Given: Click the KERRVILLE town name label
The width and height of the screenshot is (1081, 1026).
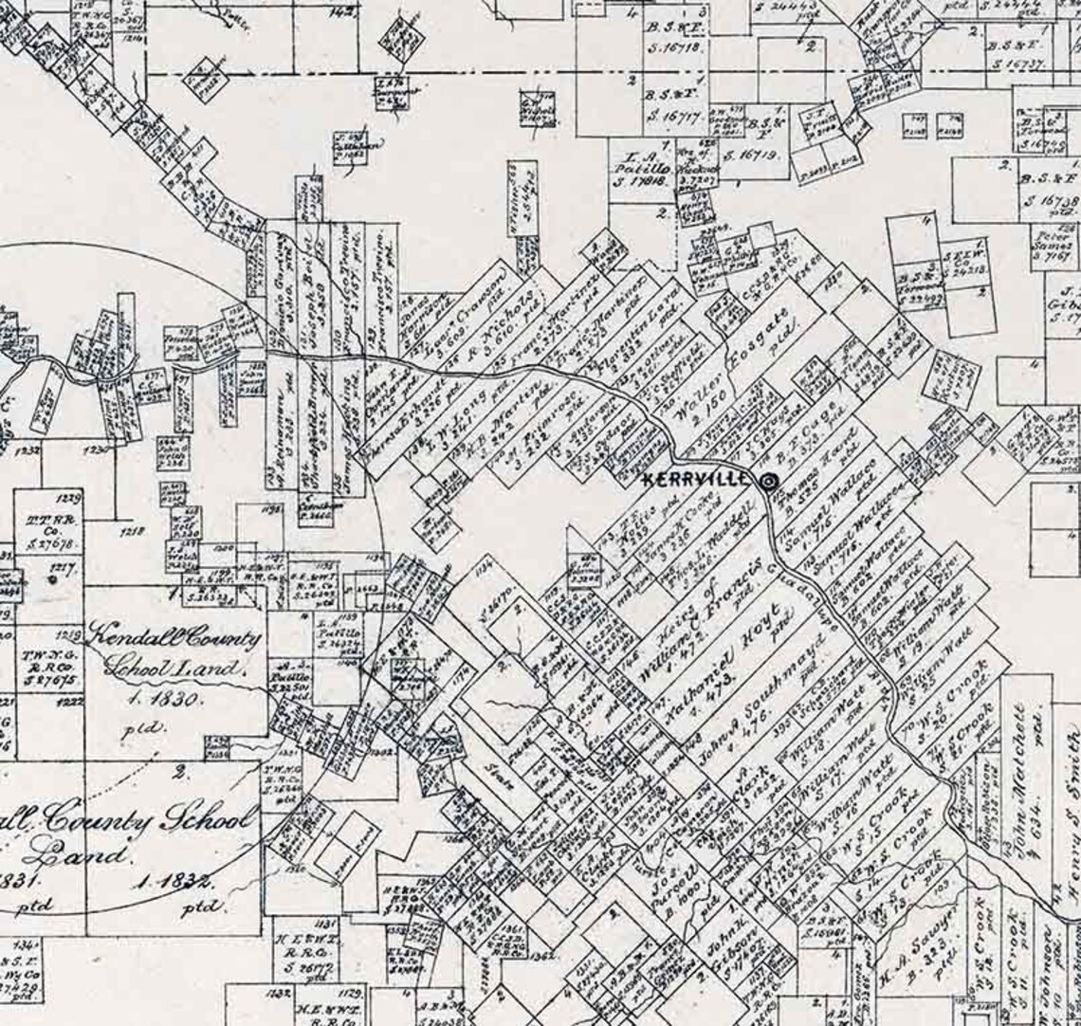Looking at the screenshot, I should point(700,481).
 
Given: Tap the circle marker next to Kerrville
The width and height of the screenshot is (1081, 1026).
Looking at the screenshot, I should point(768,482).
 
